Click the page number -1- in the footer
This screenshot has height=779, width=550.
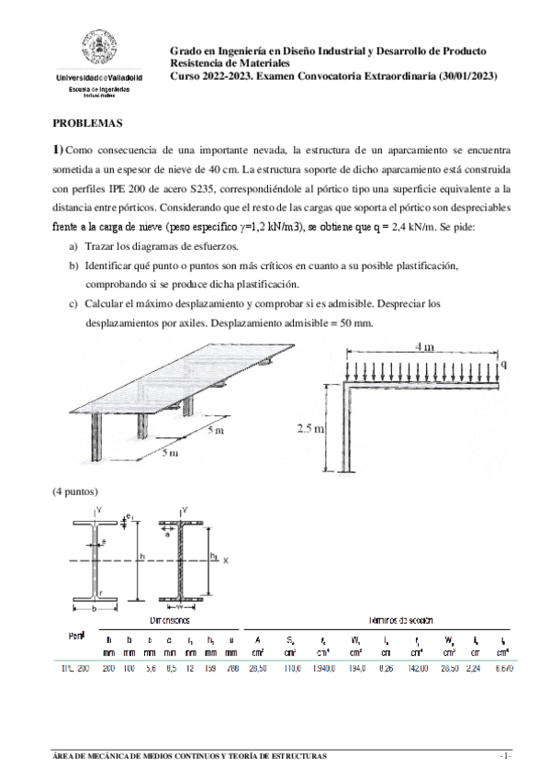point(504,755)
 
